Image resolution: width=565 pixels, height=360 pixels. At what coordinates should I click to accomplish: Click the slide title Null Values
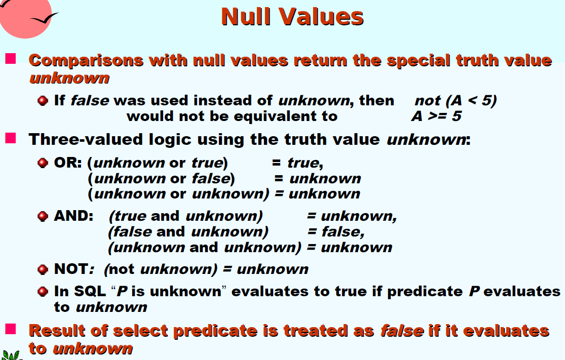click(292, 17)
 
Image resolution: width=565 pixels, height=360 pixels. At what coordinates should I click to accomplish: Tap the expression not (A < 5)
click(456, 100)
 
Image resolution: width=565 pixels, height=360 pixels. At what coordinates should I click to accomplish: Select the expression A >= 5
click(436, 116)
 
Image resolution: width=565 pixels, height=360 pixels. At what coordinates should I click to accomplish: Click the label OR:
click(68, 163)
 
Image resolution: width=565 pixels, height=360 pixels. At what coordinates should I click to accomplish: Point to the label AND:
click(73, 216)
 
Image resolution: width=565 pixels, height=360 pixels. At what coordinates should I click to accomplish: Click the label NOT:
click(74, 269)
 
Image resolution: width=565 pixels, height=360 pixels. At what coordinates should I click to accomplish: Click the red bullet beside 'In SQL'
click(43, 291)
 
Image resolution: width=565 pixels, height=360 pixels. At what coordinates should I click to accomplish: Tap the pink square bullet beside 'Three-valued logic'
click(11, 138)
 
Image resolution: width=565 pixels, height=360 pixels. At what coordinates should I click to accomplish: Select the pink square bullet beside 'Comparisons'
click(11, 58)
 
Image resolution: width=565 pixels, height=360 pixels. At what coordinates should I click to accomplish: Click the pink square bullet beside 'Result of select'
click(11, 329)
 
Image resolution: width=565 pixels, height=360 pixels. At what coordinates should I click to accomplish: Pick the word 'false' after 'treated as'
click(402, 331)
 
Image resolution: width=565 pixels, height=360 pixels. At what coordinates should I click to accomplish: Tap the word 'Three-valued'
click(86, 139)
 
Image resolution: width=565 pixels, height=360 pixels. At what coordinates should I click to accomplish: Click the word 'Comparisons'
click(86, 61)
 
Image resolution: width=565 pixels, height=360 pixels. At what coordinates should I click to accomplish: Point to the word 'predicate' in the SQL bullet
click(425, 292)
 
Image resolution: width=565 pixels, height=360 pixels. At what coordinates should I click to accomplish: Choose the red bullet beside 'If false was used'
click(43, 100)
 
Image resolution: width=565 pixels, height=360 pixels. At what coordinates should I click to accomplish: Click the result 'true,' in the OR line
click(305, 163)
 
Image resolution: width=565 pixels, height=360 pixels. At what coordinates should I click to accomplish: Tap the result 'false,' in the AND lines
click(343, 232)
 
